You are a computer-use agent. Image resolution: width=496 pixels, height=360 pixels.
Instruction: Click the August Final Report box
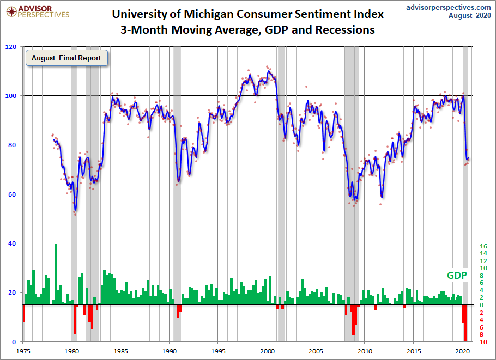66,58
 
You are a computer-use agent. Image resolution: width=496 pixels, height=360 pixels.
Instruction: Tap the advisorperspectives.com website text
449,7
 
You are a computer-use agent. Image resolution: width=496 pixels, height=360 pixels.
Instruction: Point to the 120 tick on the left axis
11,47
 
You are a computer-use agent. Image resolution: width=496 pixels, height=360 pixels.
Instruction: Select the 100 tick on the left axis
11,96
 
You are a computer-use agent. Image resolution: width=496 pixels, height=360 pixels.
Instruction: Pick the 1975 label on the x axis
23,352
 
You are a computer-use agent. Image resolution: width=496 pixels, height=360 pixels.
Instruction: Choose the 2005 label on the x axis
316,352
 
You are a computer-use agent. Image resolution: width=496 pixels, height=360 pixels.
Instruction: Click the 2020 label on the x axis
462,352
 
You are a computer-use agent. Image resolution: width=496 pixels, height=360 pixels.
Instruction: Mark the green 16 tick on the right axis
483,246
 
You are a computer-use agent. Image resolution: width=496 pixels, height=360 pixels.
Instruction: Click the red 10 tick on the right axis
483,342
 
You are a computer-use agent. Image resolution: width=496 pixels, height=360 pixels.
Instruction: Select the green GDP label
457,276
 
